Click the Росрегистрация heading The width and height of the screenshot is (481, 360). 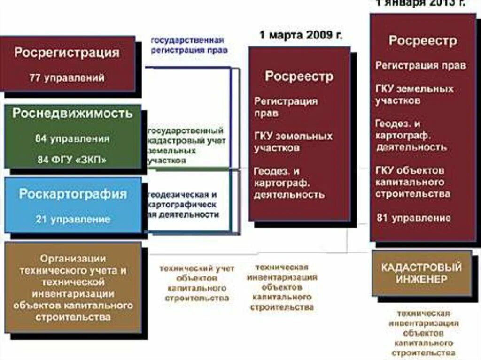[x=67, y=53]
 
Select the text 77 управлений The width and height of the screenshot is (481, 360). [x=67, y=77]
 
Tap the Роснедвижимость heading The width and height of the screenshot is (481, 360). [x=72, y=114]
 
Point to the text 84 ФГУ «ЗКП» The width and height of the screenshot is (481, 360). [x=72, y=159]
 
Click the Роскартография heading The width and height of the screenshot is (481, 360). [x=73, y=194]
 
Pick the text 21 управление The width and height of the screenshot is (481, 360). [x=73, y=219]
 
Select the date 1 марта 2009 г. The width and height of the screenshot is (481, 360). [x=301, y=35]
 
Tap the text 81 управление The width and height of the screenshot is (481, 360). [x=414, y=218]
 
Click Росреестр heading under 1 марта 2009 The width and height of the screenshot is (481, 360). [x=299, y=76]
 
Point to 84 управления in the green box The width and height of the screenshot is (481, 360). [x=72, y=139]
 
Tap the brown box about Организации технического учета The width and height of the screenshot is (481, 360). [x=72, y=288]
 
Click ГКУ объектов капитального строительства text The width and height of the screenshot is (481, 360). [x=413, y=182]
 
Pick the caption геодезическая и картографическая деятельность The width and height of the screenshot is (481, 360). [x=184, y=204]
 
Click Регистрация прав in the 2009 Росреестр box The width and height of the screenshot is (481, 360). [x=286, y=107]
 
